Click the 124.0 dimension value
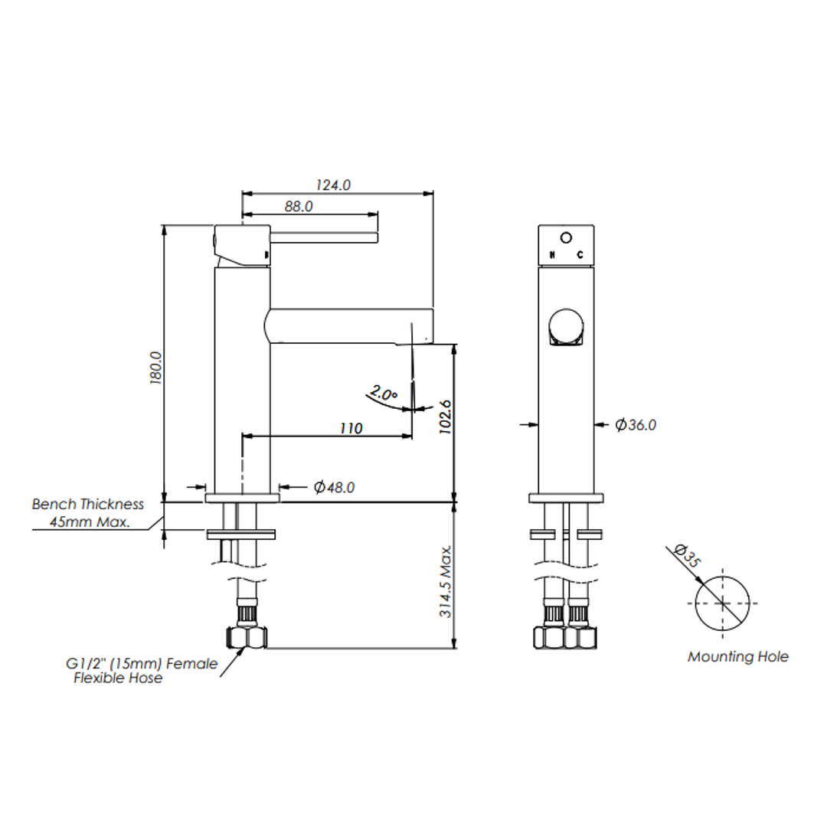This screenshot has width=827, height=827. point(333,185)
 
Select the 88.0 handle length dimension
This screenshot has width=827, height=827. point(299,206)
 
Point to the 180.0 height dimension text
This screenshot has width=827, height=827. point(156,368)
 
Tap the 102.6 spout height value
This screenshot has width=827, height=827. point(446,417)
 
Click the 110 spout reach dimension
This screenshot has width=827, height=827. point(351,428)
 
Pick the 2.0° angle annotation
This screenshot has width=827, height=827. point(384,392)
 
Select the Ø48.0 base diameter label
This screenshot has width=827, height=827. point(335,487)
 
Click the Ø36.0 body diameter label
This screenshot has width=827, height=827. point(636,424)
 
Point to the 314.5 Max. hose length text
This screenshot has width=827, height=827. point(446,582)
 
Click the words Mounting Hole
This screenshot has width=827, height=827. point(738,657)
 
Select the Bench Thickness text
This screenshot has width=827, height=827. point(87,504)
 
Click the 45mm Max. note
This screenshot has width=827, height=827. point(90,522)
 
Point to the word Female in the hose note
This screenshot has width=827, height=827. point(192,663)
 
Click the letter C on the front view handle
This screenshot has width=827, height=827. point(580,255)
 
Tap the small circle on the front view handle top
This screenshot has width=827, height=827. point(566,238)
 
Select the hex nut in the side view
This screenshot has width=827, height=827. point(247,637)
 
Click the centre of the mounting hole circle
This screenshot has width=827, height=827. point(722,603)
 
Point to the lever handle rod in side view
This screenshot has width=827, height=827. point(324,237)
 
